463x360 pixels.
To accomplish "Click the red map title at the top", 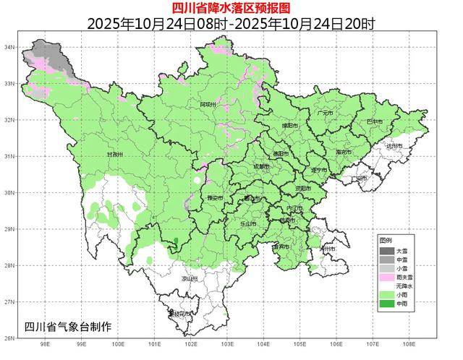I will tap(231, 8).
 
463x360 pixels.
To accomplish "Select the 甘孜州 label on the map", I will tap(114, 155).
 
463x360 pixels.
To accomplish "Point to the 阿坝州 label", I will tap(208, 105).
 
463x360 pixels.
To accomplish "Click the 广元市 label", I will tap(325, 113).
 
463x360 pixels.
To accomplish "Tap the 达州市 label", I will tap(394, 146).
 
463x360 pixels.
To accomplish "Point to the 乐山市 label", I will tap(248, 224).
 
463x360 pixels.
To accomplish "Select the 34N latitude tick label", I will tap(9, 47).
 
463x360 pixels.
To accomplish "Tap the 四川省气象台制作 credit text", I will tap(68, 326).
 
